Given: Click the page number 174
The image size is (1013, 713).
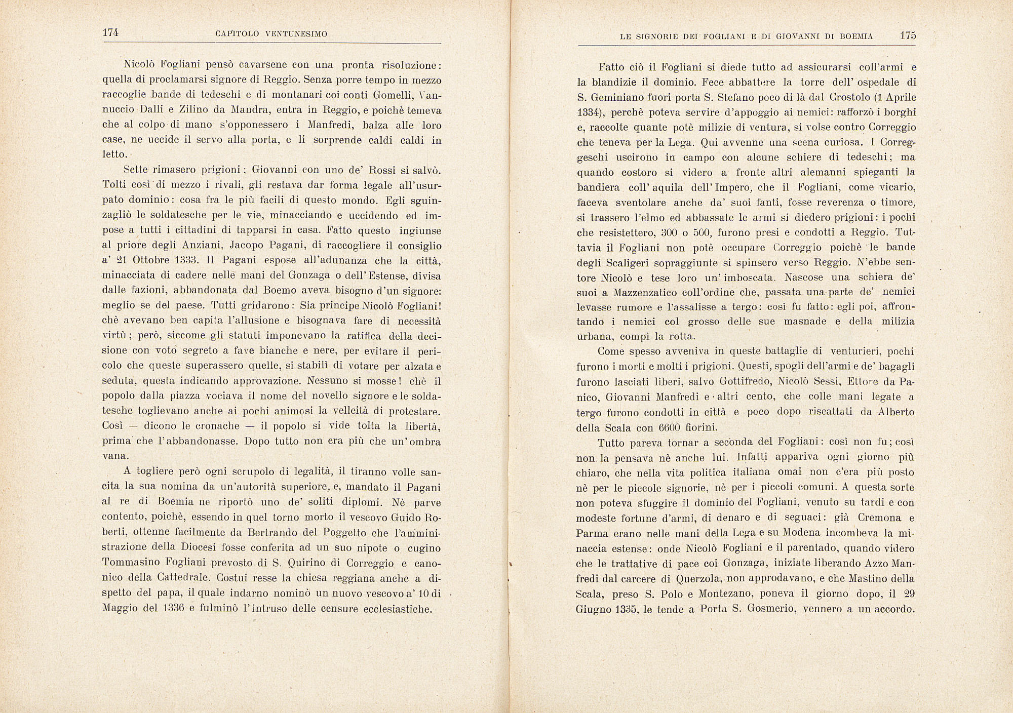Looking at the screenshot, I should pyautogui.click(x=110, y=33).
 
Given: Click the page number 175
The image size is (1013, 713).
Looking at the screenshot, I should pyautogui.click(x=908, y=35).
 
